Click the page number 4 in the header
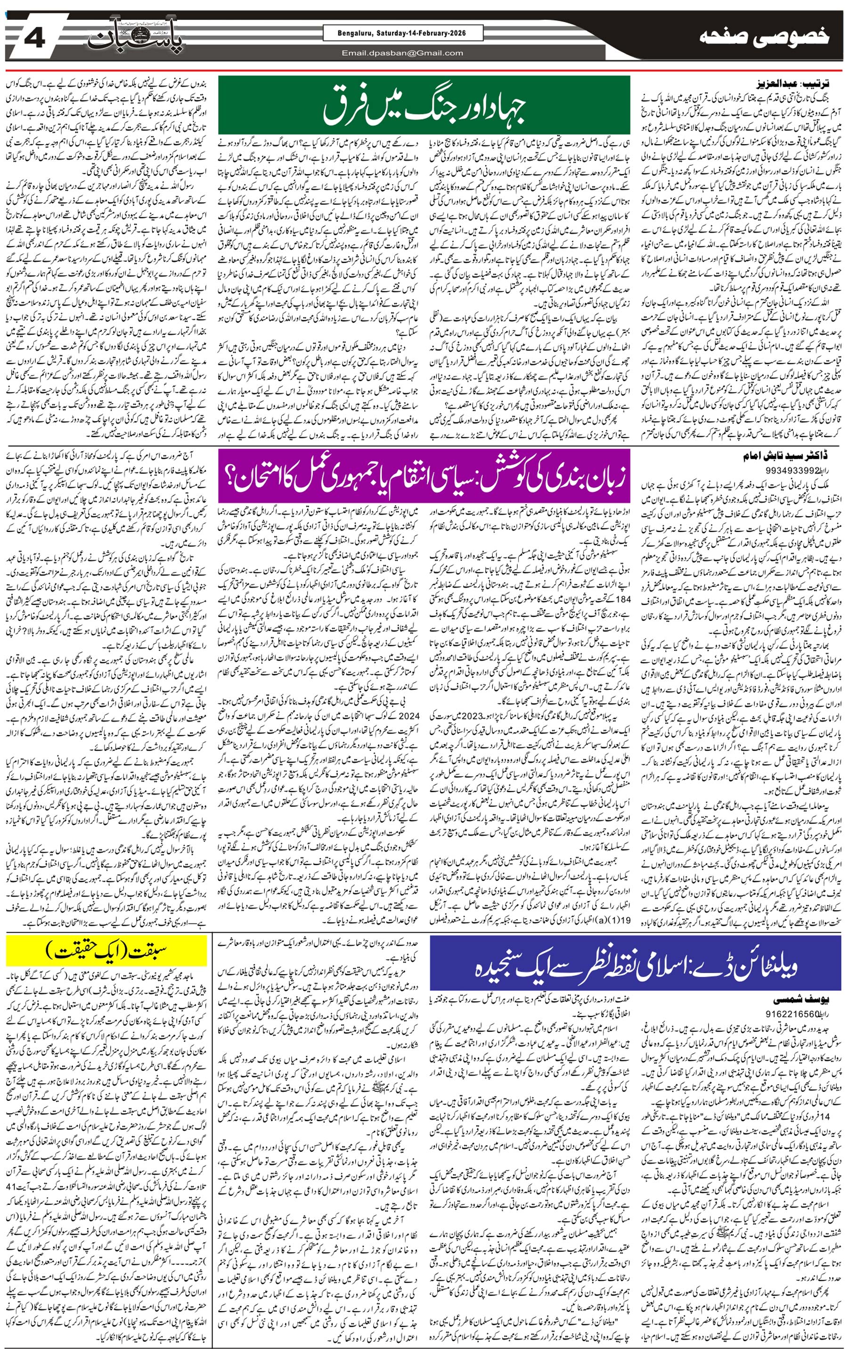click(35, 39)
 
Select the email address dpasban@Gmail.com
click(403, 53)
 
